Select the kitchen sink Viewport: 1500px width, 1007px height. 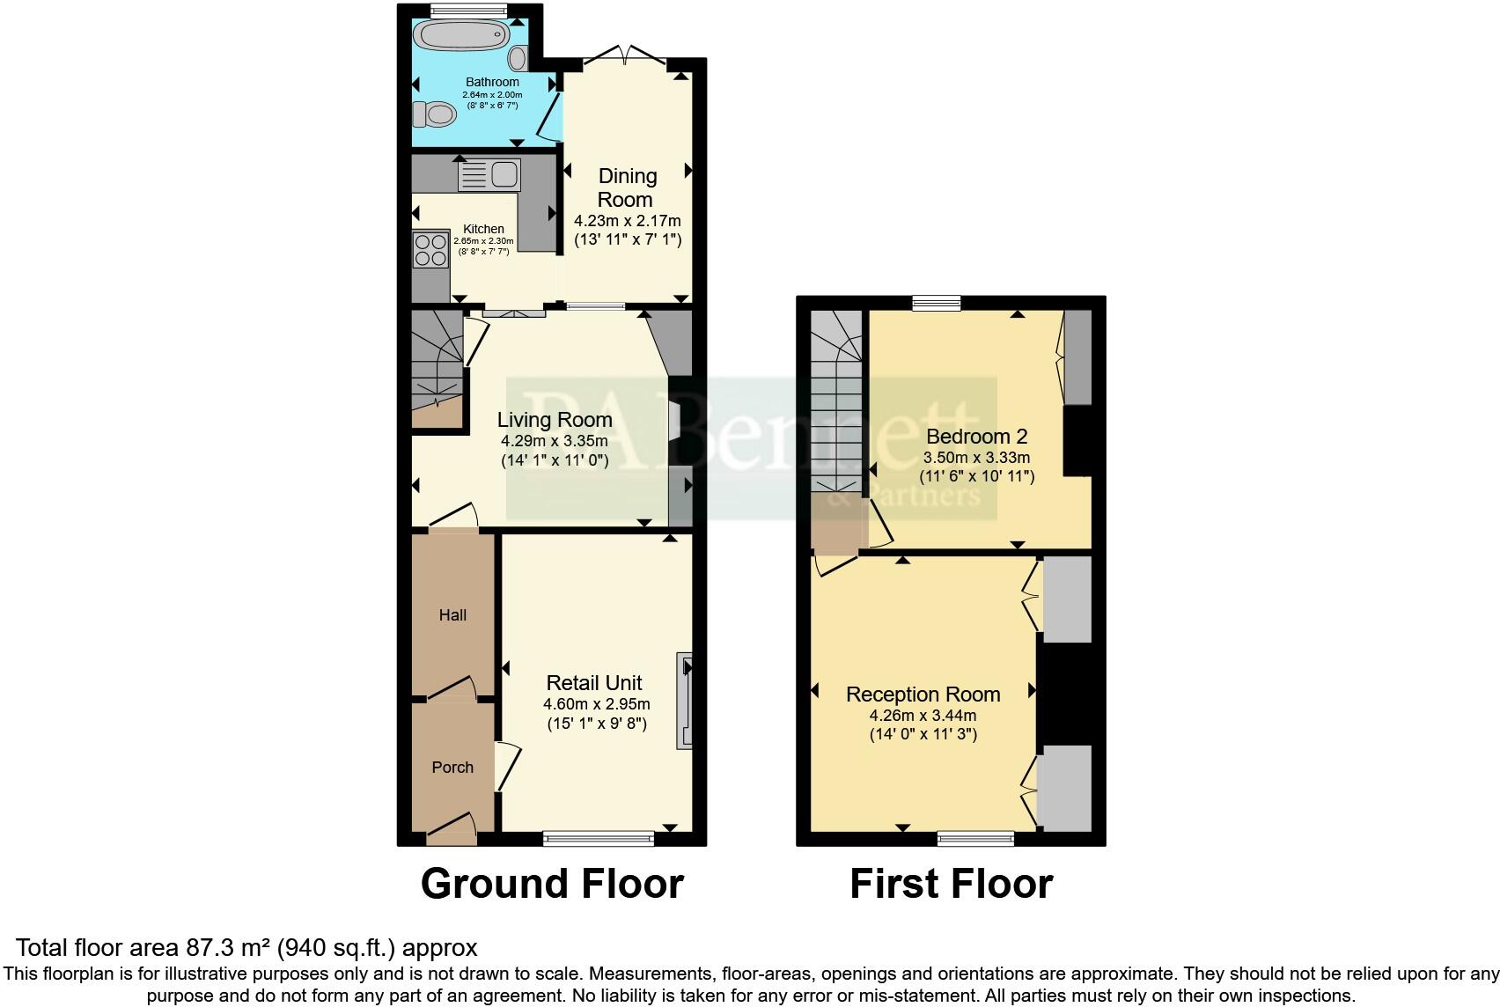[x=490, y=173]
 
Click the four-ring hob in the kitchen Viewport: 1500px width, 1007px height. [x=430, y=249]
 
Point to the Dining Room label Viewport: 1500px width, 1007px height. [x=627, y=187]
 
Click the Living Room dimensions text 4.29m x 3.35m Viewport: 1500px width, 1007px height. [x=555, y=441]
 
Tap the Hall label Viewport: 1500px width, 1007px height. [x=452, y=615]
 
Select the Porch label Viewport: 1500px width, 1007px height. [x=452, y=768]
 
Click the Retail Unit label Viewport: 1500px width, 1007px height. [x=594, y=683]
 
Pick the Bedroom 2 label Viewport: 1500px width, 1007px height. [x=976, y=437]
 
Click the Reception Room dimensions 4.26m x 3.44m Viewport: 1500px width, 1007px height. [x=923, y=716]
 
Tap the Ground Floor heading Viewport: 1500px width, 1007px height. [x=552, y=884]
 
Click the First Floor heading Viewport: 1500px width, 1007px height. [x=951, y=884]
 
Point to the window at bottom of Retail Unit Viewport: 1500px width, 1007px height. [x=599, y=837]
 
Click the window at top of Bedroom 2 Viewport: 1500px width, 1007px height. [x=936, y=304]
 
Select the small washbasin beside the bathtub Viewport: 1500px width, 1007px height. [x=518, y=59]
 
